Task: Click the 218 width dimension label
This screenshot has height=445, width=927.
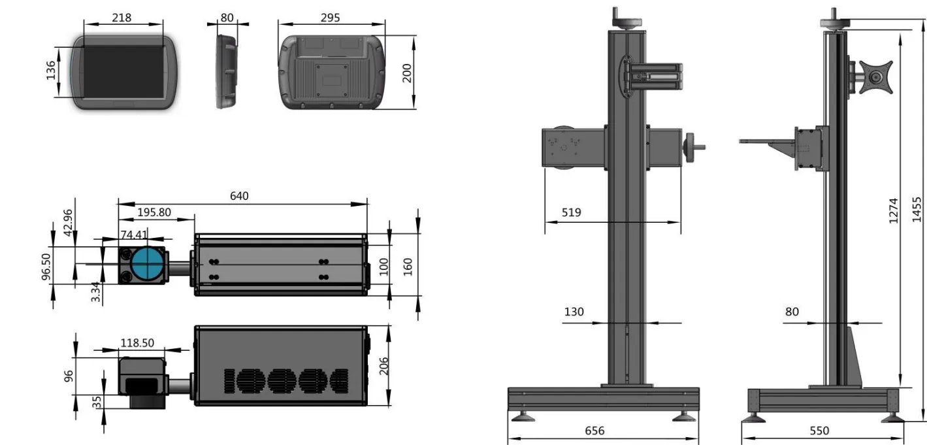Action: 122,18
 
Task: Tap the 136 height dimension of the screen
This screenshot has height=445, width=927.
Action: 50,71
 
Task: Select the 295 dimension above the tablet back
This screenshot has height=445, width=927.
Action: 331,18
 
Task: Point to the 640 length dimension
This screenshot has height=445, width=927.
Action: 239,196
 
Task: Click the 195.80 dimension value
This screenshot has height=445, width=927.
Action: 154,212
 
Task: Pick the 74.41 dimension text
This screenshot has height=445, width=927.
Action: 134,235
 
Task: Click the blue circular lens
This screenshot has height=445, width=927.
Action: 148,264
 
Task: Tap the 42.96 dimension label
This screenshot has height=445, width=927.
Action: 68,223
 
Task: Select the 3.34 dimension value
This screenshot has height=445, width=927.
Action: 95,292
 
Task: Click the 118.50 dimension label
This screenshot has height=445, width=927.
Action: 137,343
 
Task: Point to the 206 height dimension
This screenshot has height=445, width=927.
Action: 383,366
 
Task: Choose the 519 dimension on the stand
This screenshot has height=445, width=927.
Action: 572,212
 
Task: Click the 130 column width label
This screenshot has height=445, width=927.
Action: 574,312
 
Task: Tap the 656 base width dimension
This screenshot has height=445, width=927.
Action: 594,431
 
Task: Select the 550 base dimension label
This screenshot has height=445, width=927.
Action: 819,431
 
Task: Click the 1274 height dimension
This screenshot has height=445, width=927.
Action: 894,210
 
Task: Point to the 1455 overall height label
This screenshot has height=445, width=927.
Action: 917,210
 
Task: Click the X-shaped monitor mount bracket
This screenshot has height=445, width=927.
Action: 875,77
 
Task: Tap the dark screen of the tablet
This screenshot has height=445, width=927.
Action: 123,72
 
